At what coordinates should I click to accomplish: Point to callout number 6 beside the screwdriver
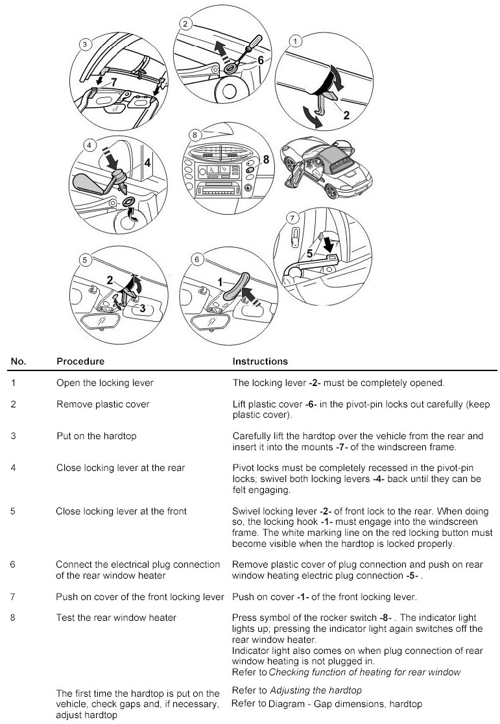(x=260, y=59)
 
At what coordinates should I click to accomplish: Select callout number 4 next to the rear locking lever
(x=147, y=163)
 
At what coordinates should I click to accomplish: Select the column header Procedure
(x=80, y=361)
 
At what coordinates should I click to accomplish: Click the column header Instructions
(x=260, y=361)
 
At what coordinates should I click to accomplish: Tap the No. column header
(x=18, y=361)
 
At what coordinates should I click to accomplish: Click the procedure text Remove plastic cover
(x=102, y=404)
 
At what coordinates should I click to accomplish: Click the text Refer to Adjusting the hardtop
(x=296, y=690)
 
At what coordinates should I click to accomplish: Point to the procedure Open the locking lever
(x=104, y=383)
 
